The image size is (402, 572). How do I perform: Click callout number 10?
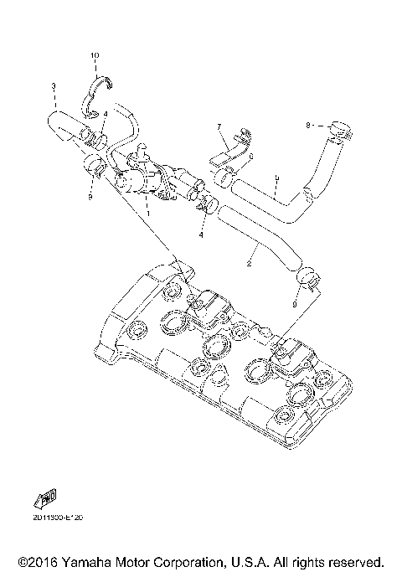[x=95, y=55]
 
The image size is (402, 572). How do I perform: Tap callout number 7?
[x=219, y=126]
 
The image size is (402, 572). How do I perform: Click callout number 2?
[x=250, y=264]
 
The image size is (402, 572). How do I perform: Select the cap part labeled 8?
[x=339, y=130]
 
